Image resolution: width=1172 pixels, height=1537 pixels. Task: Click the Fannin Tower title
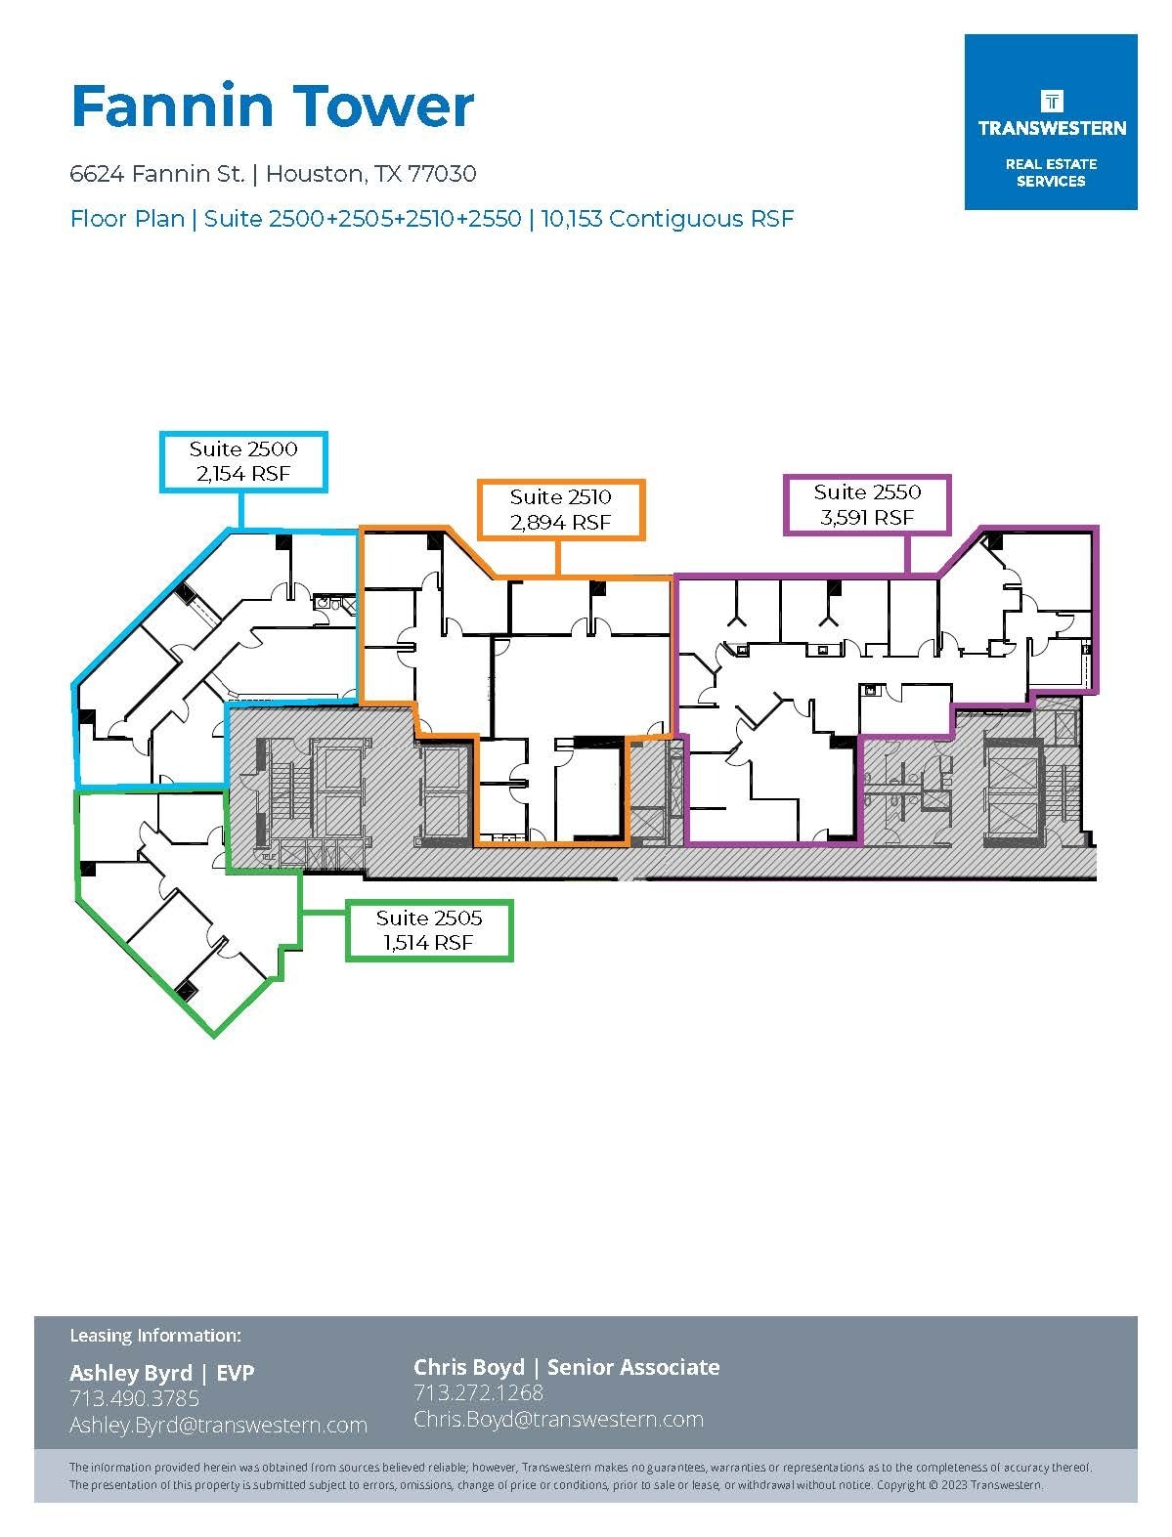pos(273,107)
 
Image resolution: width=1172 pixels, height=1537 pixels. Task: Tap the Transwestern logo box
pos(1051,122)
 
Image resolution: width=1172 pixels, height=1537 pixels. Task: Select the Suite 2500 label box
pos(243,462)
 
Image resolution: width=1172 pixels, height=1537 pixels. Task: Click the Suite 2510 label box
pos(560,509)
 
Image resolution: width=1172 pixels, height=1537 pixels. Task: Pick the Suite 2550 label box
pos(867,504)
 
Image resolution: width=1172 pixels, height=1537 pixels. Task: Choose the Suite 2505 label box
pos(429,930)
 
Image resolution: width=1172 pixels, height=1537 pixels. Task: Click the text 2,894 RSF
pos(560,523)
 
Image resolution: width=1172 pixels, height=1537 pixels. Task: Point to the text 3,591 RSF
pos(867,518)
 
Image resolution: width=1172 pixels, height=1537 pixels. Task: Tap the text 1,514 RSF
pos(429,943)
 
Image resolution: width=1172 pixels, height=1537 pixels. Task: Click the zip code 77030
pos(442,174)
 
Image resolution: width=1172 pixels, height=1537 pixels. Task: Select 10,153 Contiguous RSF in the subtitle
pos(667,219)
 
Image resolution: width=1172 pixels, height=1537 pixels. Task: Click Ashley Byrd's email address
pos(218,1425)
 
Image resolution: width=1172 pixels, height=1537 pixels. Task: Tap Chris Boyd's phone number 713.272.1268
pos(478,1392)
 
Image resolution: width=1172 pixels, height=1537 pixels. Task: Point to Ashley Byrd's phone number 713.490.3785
pos(134,1398)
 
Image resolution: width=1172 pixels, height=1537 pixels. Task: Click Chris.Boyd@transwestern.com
pos(558,1419)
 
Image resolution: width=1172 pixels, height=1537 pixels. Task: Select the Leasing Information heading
pos(154,1335)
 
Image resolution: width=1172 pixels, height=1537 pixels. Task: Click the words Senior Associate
pos(633,1367)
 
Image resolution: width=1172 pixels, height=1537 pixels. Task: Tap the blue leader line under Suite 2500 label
pos(242,510)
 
